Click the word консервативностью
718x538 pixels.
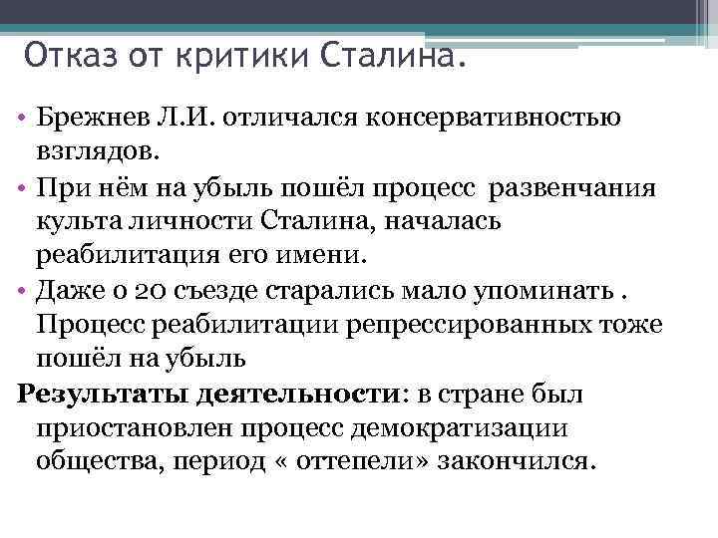click(x=496, y=119)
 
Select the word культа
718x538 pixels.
click(x=76, y=221)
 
